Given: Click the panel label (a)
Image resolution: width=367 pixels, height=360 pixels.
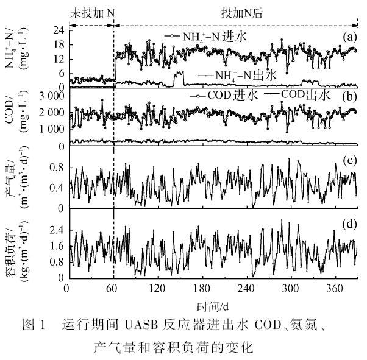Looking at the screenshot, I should click(x=349, y=37).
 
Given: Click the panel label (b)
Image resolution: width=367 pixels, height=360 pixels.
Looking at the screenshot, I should click(x=349, y=96).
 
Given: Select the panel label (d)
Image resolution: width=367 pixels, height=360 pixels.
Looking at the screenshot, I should click(x=349, y=223).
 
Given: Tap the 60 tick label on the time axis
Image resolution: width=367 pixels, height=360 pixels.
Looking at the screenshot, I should click(x=110, y=289).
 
